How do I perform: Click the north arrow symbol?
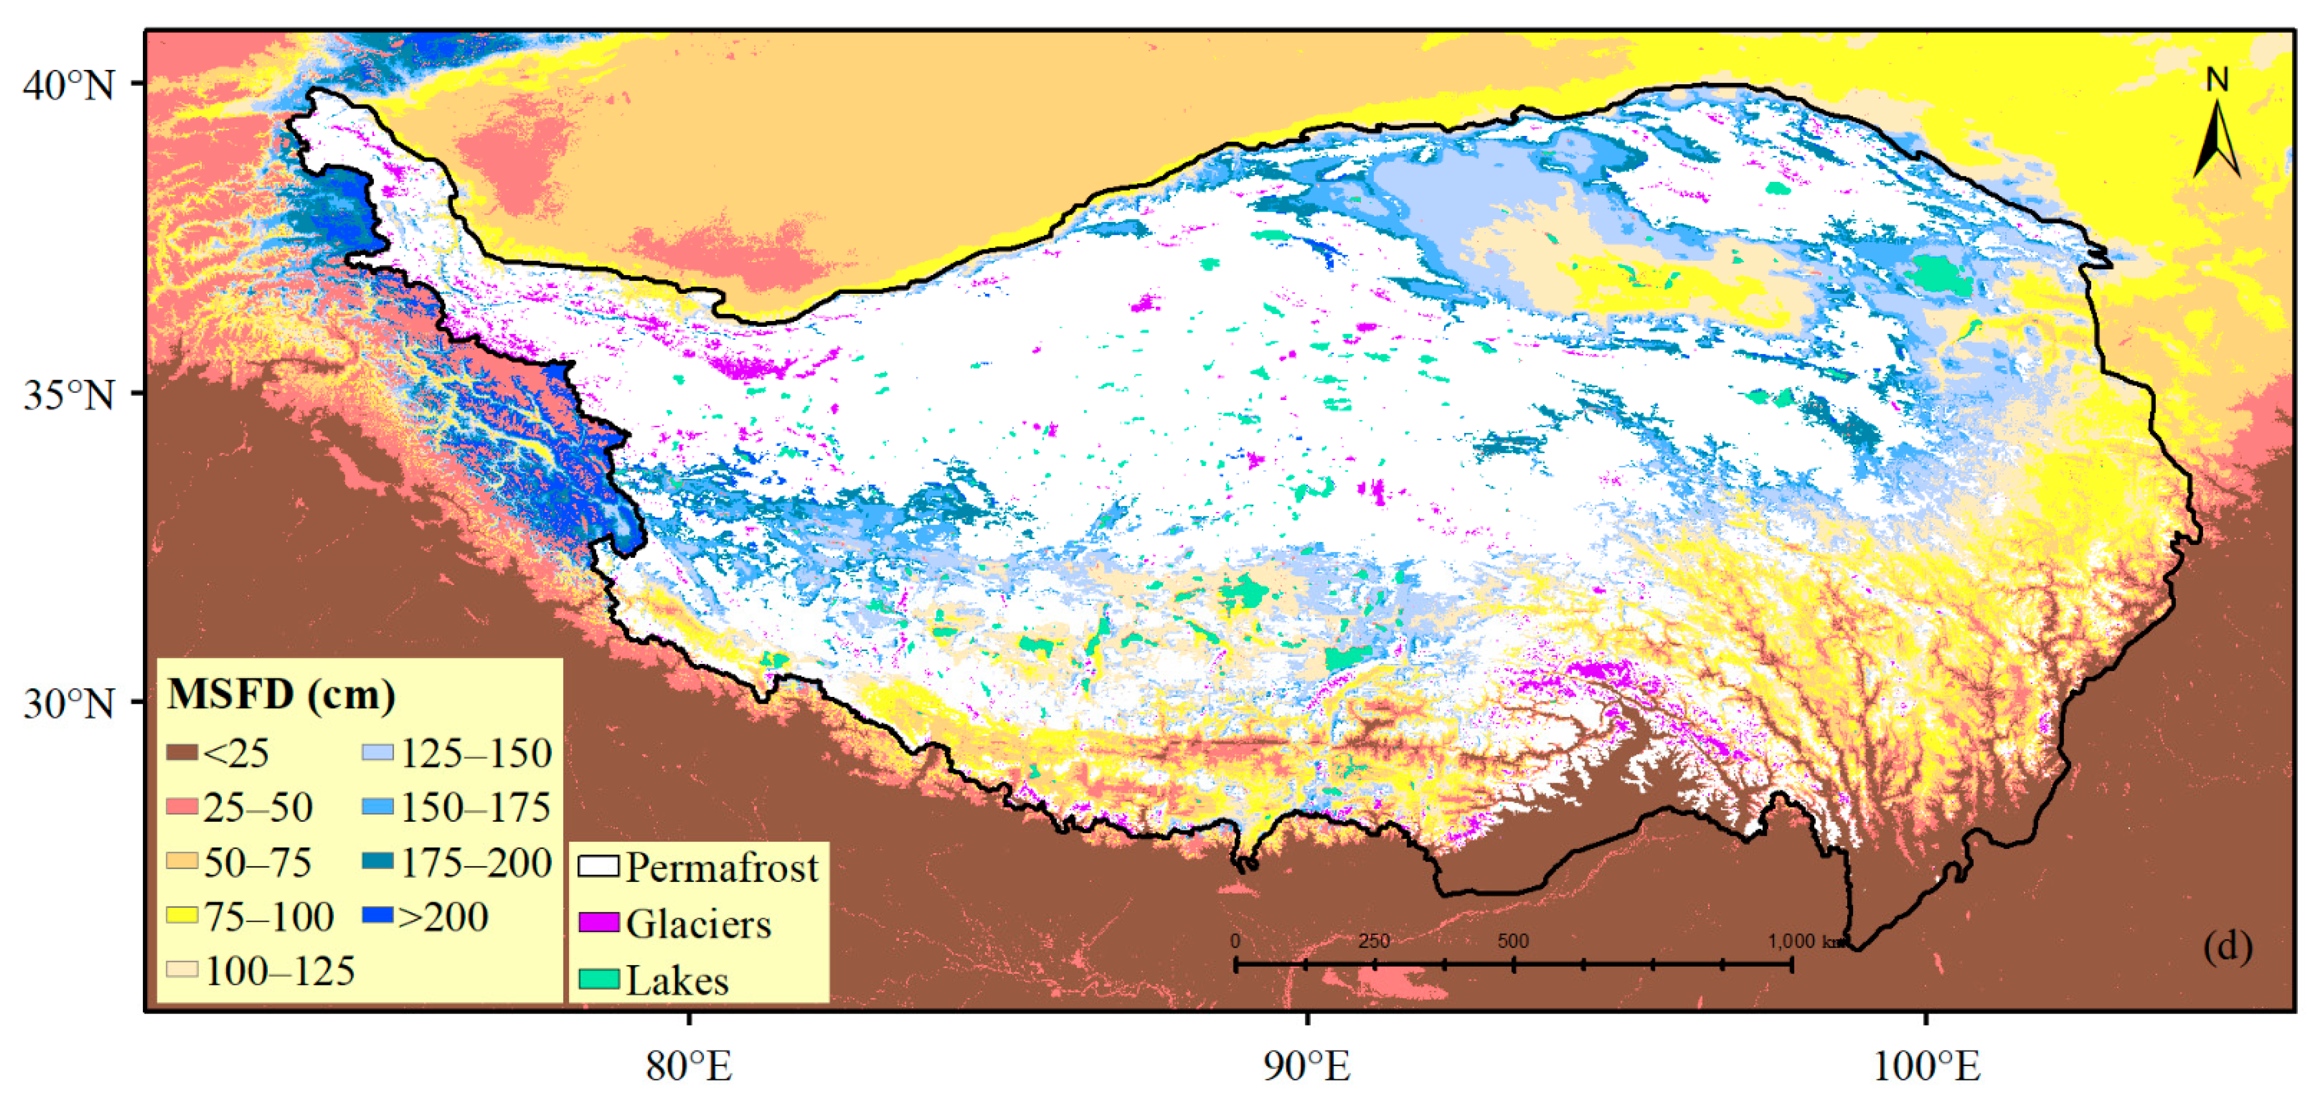2217,126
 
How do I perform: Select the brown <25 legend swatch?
181,752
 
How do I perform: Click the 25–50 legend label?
258,807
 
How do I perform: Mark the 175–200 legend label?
476,862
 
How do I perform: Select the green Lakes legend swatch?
598,979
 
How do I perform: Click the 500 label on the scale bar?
1513,941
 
